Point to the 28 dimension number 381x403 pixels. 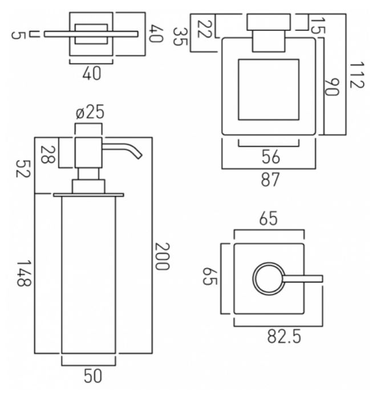(49, 155)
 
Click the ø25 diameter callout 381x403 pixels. (90, 112)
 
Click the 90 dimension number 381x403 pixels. (331, 87)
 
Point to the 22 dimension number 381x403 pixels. (204, 28)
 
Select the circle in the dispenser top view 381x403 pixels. (266, 279)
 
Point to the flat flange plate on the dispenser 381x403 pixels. (88, 195)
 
